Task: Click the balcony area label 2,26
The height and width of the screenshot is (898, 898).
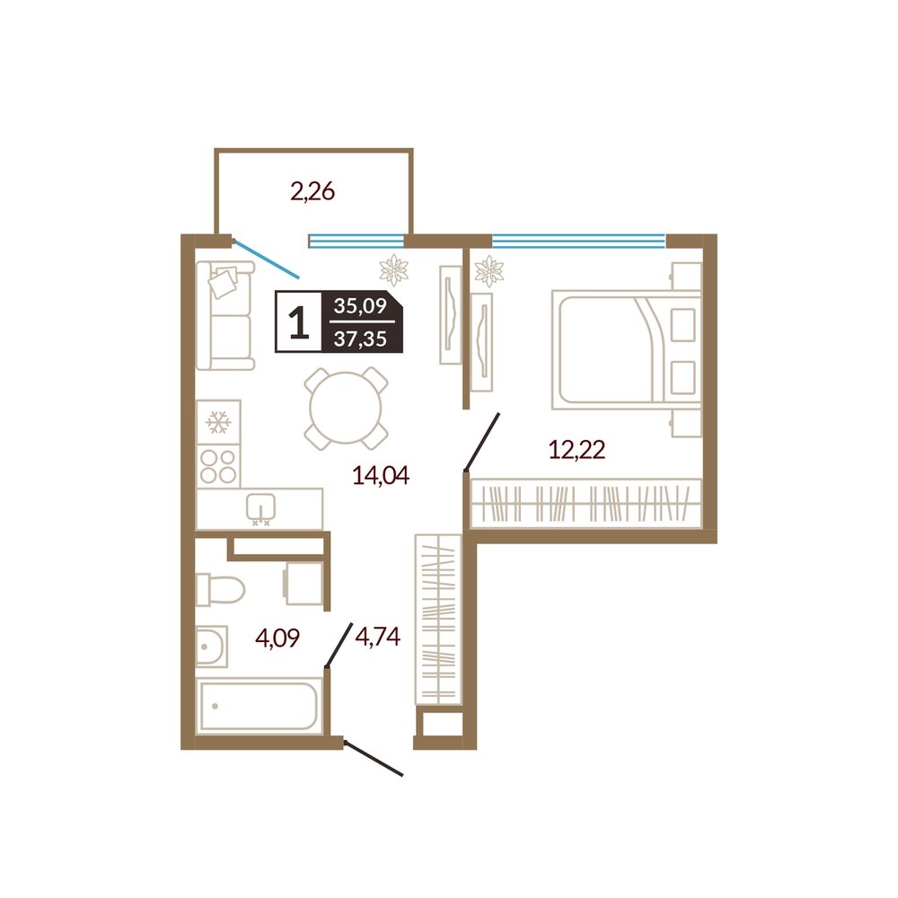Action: [313, 192]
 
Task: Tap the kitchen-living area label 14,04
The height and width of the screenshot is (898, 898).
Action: [381, 475]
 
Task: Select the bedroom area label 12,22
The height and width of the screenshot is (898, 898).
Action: [577, 450]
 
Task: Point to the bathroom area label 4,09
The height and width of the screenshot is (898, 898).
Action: [277, 638]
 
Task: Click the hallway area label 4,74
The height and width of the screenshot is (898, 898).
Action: [377, 636]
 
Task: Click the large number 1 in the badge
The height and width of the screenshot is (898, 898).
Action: [298, 321]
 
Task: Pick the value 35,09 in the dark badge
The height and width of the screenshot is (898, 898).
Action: [360, 306]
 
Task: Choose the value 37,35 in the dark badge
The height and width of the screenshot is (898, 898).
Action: [360, 339]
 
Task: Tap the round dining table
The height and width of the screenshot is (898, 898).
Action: [346, 408]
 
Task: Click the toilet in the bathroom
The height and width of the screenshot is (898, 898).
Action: [220, 590]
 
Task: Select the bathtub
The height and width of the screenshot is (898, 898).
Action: [259, 706]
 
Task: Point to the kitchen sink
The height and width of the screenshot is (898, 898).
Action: [260, 508]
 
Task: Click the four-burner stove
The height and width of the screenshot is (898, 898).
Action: [218, 467]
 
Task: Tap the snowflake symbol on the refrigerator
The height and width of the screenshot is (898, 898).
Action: [218, 422]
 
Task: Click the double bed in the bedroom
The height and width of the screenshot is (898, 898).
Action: [626, 350]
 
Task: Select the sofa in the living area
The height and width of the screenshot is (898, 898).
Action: [225, 315]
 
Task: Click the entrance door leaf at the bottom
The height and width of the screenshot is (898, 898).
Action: [374, 759]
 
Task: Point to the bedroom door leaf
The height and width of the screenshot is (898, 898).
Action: [482, 442]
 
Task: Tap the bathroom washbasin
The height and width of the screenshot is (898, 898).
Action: [212, 646]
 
